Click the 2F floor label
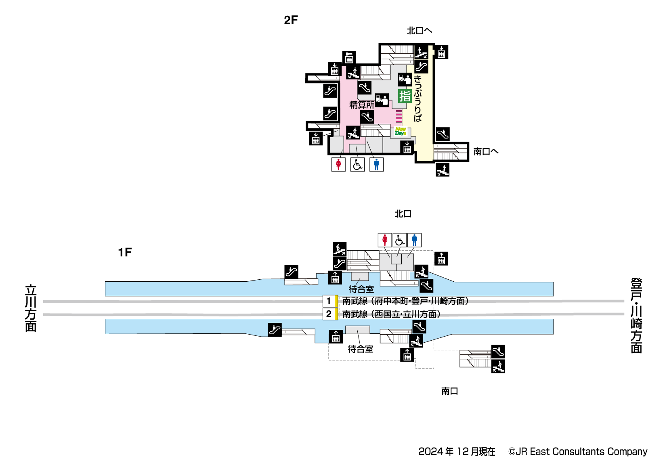[291, 20]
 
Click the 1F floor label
[125, 252]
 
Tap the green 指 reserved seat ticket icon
[405, 96]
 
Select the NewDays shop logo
[401, 131]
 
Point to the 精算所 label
[361, 105]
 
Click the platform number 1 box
[329, 301]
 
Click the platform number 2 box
[329, 314]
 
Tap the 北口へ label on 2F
[419, 31]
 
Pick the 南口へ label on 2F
[486, 152]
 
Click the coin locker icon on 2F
[349, 58]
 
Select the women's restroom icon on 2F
[338, 164]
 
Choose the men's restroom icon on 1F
[414, 240]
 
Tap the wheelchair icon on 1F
[399, 240]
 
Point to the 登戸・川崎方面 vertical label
[636, 315]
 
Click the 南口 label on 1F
[449, 391]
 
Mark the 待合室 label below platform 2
[361, 349]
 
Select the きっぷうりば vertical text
[418, 98]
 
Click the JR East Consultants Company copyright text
[578, 452]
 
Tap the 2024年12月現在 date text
[457, 452]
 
